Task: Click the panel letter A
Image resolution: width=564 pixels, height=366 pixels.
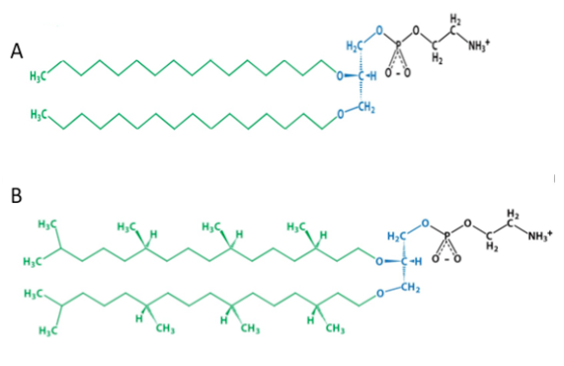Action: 17,50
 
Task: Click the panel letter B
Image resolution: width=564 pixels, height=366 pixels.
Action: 16,195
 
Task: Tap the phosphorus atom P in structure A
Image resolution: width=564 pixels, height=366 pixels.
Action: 398,46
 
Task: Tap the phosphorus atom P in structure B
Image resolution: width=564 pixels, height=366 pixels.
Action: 446,236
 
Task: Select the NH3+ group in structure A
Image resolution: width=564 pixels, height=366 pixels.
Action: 479,46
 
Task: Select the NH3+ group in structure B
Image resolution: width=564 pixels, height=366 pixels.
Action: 539,236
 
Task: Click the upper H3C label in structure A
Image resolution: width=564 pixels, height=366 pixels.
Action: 39,76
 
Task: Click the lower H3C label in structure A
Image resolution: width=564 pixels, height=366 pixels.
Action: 39,115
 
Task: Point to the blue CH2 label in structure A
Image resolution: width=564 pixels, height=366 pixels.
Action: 367,107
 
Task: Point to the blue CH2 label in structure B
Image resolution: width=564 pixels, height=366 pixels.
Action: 411,288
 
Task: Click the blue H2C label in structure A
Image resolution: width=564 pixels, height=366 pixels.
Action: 355,46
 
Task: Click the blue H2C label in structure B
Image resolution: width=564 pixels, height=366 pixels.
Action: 397,236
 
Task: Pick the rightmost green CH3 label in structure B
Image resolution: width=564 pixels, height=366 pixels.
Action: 335,328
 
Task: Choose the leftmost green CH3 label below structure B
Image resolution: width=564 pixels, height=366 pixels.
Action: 166,328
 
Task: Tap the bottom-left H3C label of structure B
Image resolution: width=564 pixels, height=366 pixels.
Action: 47,330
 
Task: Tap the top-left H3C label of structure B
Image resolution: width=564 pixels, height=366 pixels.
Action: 47,225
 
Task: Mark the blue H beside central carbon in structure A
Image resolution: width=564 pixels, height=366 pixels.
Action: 373,76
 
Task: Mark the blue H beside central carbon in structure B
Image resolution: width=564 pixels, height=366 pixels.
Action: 419,261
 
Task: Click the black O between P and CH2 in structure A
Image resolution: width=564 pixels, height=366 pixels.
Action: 416,31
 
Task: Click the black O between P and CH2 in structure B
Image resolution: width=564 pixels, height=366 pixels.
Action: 467,224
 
